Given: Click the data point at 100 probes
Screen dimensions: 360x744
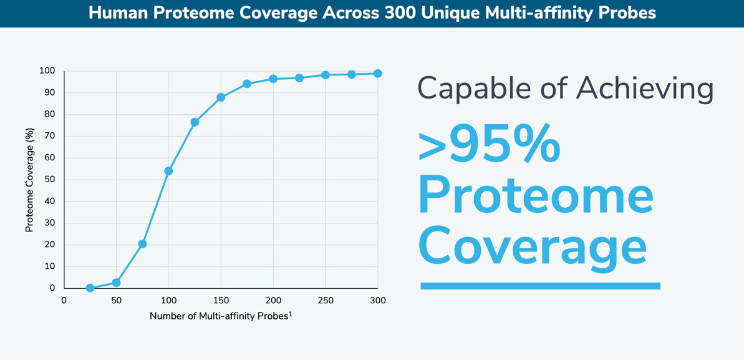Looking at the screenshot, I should click(168, 171).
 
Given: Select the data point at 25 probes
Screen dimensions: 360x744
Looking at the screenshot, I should click(90, 288).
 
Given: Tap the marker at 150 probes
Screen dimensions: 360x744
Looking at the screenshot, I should click(221, 97).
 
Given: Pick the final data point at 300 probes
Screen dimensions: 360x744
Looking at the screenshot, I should click(377, 74).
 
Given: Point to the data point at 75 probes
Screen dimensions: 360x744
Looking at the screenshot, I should click(142, 244).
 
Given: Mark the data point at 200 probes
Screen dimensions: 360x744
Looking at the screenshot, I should click(273, 79).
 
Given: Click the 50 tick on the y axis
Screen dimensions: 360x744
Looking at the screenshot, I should click(49, 180).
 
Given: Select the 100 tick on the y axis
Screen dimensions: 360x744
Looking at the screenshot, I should click(47, 71).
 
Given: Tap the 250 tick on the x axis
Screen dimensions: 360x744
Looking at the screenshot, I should click(325, 301).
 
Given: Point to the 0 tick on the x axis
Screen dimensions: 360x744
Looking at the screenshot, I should click(64, 301).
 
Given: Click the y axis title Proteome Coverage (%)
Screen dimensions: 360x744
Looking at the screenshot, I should click(29, 180).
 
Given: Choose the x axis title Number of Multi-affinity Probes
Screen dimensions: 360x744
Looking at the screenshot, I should click(218, 316).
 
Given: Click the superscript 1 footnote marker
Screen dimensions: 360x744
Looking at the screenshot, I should click(291, 313).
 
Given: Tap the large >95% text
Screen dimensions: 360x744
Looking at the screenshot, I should click(489, 145).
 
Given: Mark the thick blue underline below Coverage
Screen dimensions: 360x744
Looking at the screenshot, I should click(540, 286).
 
